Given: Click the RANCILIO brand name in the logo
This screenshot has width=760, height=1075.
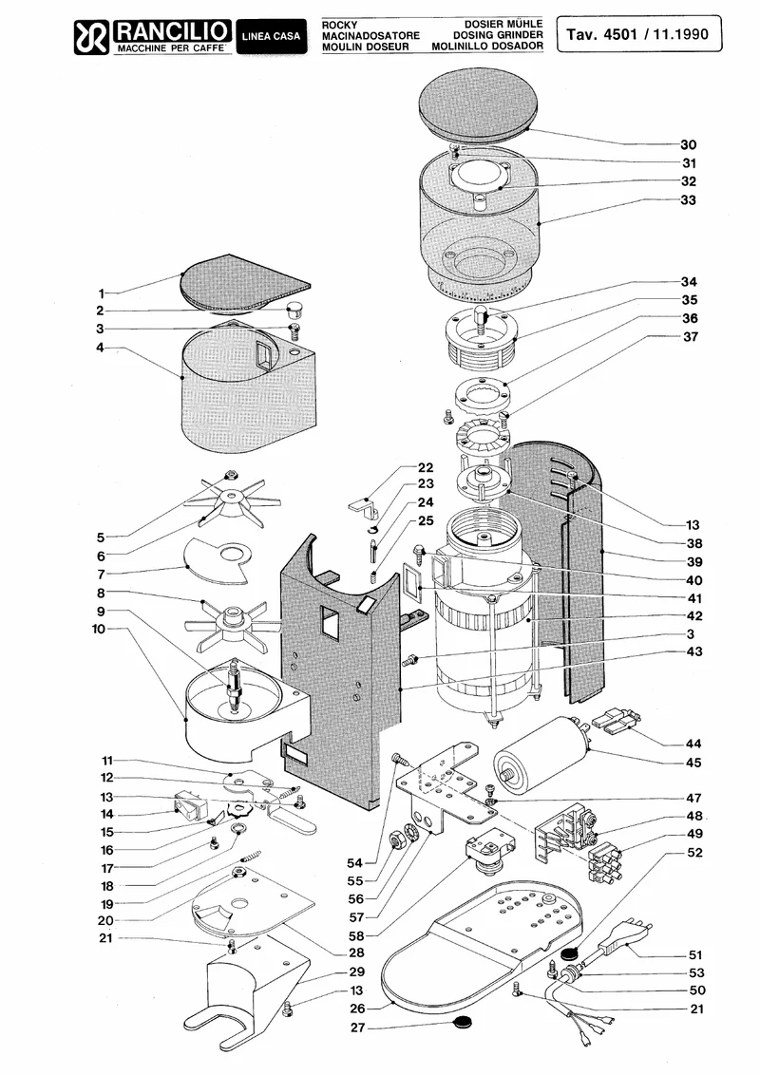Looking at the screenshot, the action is point(172,30).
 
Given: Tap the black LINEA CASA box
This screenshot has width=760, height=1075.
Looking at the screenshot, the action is point(271,36).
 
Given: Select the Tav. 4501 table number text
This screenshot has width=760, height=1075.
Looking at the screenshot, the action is point(601,34).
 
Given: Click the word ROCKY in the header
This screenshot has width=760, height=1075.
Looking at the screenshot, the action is point(339,25).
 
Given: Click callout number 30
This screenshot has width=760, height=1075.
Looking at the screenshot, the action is point(688,144).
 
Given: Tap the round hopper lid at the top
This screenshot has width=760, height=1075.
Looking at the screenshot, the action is point(478,104).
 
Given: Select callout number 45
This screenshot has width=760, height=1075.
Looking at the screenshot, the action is point(693,763).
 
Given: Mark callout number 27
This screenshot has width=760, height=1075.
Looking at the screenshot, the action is point(358,1028).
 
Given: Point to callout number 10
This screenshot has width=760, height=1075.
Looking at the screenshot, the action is point(100,629).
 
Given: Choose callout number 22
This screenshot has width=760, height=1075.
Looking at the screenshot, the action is point(426,467).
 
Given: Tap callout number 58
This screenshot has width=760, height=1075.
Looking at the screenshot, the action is point(356,935).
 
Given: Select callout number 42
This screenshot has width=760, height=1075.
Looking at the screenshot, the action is point(694,615).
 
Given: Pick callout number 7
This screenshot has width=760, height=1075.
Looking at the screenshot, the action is point(101,575).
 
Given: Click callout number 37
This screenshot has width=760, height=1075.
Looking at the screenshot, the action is point(690,336).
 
